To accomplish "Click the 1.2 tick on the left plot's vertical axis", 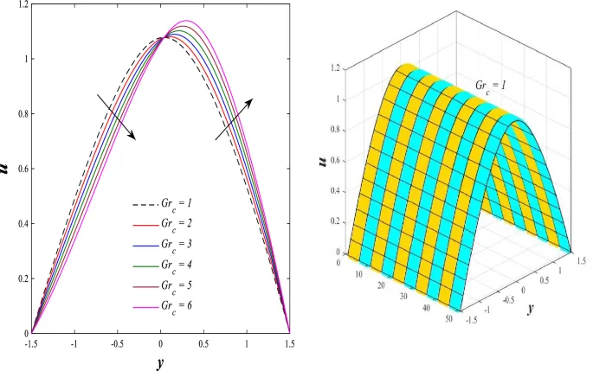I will click(x=20, y=5).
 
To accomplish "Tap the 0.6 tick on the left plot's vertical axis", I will click(x=20, y=169).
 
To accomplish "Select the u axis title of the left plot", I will click(x=7, y=170).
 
